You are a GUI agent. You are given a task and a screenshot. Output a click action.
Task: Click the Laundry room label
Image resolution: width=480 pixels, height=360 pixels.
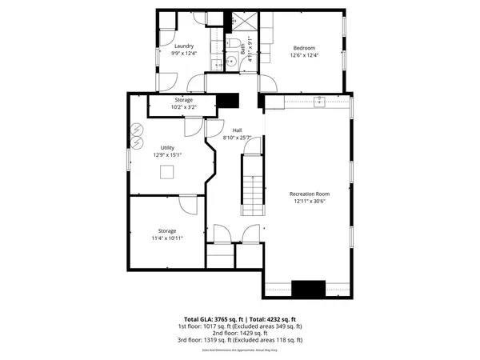coord(184,46)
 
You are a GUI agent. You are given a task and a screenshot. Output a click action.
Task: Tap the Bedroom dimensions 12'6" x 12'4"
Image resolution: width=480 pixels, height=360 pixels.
coord(304,55)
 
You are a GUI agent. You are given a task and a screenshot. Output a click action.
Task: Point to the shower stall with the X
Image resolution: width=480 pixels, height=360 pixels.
coord(243,22)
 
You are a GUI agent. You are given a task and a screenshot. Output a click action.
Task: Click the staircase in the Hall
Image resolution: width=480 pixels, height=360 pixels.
coord(252,184)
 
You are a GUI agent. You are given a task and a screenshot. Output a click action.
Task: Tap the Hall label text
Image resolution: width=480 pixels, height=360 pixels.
coord(237,130)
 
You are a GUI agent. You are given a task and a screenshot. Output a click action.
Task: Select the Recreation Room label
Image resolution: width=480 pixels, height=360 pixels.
coord(309,194)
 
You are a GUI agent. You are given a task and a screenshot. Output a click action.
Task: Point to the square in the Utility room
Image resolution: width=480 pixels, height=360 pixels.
coord(167,171)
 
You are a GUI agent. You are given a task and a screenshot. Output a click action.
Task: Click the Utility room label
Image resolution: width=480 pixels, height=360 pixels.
coord(167,148)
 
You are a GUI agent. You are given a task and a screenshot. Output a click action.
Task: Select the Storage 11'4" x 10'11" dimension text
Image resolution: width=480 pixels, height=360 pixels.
coord(167,238)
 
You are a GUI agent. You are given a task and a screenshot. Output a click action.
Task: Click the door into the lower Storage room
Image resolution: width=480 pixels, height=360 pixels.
coord(188,206)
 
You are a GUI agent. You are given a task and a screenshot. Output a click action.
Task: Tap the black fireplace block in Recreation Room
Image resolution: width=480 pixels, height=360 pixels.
coord(304,289)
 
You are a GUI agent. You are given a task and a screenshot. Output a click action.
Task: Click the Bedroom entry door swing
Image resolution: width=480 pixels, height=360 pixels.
coord(268,82)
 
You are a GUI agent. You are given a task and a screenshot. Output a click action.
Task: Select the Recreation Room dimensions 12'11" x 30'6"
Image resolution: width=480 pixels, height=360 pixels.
coord(309,202)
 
